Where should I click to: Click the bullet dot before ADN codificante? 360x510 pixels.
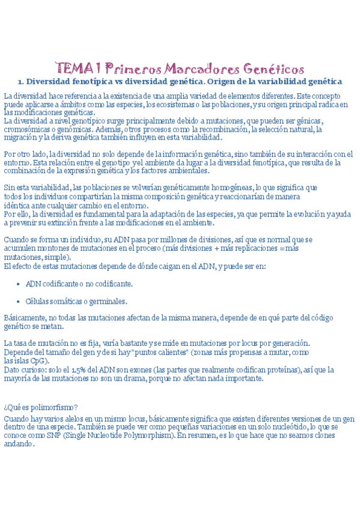19,284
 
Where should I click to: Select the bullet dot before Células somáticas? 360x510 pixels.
19,301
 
